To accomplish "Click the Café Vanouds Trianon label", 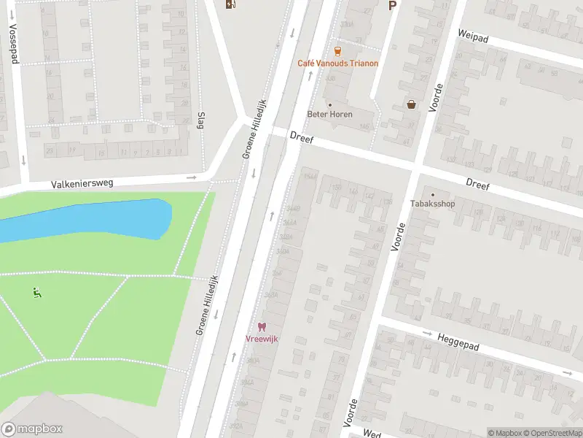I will [337, 64].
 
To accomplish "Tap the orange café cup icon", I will [337, 50].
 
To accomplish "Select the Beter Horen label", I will [329, 115].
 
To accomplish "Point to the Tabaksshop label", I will [432, 204].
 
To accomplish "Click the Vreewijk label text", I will [262, 339].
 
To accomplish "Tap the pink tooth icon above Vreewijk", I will [262, 327].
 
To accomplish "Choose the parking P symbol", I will [392, 6].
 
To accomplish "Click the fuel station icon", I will [230, 5].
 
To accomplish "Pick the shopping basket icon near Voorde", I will [412, 104].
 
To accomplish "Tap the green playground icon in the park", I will [36, 293].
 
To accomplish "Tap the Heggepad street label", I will [458, 341].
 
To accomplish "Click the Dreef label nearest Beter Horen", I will [300, 137].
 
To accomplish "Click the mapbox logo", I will [32, 429].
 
